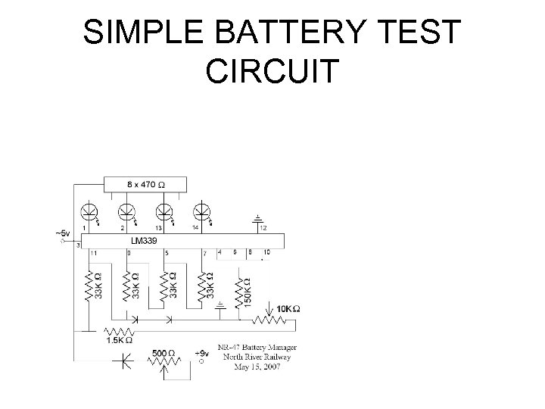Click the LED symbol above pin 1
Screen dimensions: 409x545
[89, 211]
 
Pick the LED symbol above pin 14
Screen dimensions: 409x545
[202, 211]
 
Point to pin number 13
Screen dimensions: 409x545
[158, 227]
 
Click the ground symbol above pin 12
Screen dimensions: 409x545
[258, 217]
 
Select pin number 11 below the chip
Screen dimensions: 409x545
[93, 252]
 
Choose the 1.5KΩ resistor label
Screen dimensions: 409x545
[119, 341]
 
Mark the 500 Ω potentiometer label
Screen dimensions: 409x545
[166, 354]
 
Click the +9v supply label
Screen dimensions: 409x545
[202, 354]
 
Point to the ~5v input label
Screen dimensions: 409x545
[65, 233]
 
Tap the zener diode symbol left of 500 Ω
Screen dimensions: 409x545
[120, 362]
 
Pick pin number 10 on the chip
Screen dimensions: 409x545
[266, 252]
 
